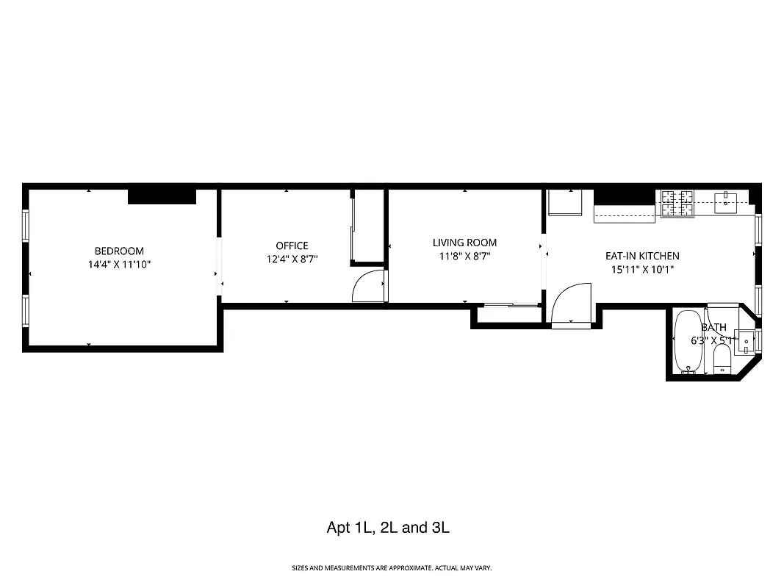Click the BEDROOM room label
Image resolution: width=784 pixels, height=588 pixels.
click(x=119, y=251)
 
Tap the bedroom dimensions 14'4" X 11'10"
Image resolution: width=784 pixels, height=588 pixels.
click(x=119, y=264)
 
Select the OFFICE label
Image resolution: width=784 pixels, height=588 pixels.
click(x=292, y=245)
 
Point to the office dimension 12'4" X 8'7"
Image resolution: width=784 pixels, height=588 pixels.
click(x=292, y=259)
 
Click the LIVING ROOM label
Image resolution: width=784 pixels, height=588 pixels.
click(x=464, y=243)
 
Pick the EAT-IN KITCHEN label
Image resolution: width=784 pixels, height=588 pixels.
click(x=642, y=256)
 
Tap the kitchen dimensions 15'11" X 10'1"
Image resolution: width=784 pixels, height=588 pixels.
click(x=642, y=269)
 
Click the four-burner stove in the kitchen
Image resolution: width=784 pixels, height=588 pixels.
click(x=677, y=203)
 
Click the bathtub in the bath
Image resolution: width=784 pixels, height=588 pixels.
click(x=688, y=343)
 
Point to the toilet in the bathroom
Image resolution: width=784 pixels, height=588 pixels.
click(x=722, y=359)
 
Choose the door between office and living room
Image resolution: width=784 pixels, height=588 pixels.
click(x=369, y=287)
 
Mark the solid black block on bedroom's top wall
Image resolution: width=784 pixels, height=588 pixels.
click(x=162, y=196)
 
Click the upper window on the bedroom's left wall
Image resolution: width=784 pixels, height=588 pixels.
click(x=26, y=225)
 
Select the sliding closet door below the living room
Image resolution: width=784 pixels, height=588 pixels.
click(x=510, y=304)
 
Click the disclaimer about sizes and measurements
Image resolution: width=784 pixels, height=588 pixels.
click(x=392, y=568)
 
